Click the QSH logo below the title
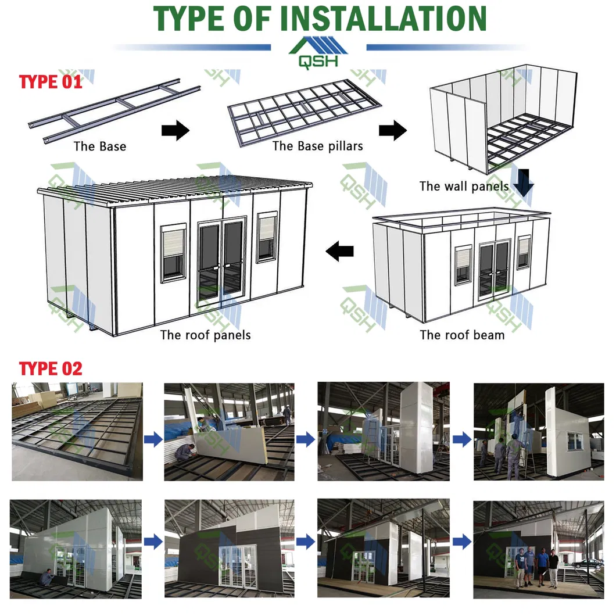[x=318, y=53]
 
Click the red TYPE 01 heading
[x=51, y=82]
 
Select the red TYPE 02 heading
[x=51, y=368]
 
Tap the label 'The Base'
[x=100, y=146]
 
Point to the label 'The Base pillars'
[x=317, y=146]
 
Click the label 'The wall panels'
[x=464, y=186]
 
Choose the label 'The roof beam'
[x=462, y=335]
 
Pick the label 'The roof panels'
[x=205, y=335]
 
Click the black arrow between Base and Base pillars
[x=176, y=130]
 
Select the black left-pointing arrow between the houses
[x=339, y=251]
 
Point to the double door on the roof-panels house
[x=221, y=260]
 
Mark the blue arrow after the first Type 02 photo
[x=153, y=439]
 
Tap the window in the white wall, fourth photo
[x=575, y=441]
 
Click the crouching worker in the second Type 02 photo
[x=185, y=453]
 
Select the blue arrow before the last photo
[x=462, y=542]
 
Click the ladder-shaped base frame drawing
[x=114, y=111]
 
